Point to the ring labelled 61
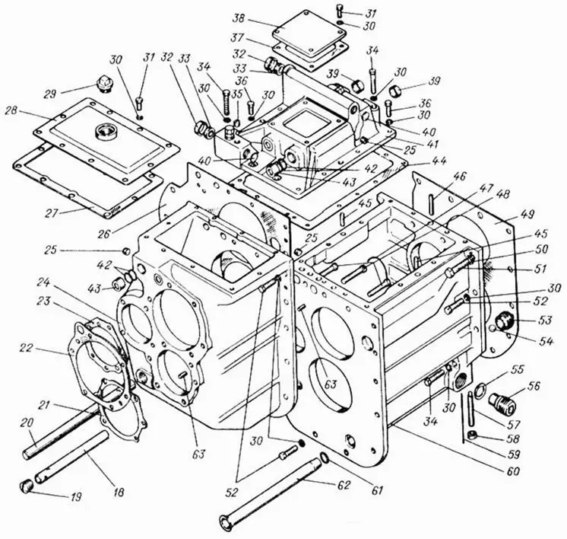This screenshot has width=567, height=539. [326, 458]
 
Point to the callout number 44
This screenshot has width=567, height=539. [419, 161]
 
